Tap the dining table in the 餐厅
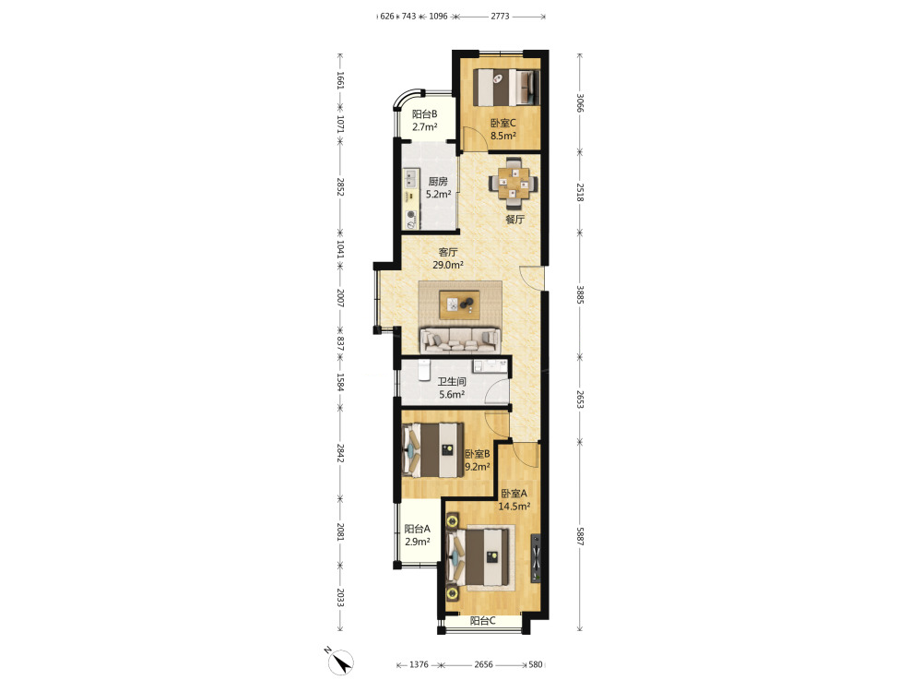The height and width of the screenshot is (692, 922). (514, 183)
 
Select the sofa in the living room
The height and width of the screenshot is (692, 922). (460, 340)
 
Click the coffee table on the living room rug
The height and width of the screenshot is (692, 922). (460, 304)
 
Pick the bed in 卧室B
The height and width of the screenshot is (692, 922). (432, 450)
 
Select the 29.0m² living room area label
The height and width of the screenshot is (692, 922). (448, 265)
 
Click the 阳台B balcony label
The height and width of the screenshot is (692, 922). (424, 114)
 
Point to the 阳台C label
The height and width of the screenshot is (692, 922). (483, 621)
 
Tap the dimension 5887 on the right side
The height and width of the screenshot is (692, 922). (580, 535)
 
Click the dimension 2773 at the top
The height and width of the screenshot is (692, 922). (501, 17)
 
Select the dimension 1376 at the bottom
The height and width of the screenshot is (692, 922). (419, 664)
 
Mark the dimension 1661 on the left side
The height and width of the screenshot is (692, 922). (340, 80)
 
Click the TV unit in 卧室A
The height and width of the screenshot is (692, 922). (536, 558)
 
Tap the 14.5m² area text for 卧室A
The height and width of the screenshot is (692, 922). (514, 506)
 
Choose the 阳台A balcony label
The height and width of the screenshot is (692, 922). (417, 529)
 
